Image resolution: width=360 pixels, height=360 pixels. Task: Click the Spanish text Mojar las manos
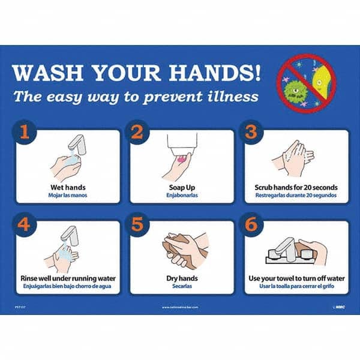pos(68,196)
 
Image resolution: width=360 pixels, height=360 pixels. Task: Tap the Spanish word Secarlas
pos(182,287)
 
